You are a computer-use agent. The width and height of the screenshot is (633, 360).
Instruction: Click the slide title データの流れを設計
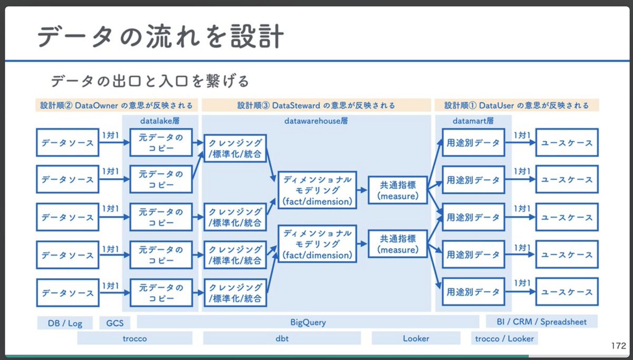tap(161, 37)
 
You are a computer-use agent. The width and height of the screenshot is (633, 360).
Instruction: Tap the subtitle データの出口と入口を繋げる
tap(150, 81)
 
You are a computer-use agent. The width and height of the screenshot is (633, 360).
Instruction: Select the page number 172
tap(618, 346)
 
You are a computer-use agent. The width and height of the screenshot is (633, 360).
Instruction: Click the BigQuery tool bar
tap(308, 322)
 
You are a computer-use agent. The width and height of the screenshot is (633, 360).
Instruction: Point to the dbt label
tap(282, 338)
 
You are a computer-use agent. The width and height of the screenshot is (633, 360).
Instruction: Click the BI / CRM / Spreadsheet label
tap(541, 322)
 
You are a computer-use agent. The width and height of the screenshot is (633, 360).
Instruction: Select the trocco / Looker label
tap(504, 338)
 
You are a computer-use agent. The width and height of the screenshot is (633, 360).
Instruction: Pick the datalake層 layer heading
tap(160, 121)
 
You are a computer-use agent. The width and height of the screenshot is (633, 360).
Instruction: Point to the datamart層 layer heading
tap(473, 121)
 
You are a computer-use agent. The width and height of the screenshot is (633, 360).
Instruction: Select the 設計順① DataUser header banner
tap(516, 105)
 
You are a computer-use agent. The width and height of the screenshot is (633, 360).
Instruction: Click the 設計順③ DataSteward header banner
tap(316, 105)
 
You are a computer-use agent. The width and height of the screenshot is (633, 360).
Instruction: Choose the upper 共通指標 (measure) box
tap(397, 191)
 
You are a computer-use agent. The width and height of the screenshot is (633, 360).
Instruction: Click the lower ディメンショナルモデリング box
tap(317, 244)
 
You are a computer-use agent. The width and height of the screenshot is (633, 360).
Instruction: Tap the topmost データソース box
tap(68, 142)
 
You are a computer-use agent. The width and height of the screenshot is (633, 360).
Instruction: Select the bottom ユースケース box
tap(567, 292)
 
